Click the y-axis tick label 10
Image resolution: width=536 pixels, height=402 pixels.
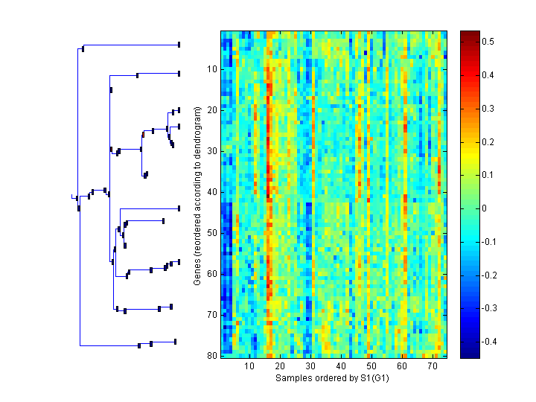click(211, 69)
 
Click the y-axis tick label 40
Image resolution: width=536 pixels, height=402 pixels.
click(211, 192)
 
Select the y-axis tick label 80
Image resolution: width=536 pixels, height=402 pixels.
click(211, 356)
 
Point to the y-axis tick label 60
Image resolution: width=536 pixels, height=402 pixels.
click(211, 274)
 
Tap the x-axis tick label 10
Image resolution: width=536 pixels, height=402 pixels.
click(249, 366)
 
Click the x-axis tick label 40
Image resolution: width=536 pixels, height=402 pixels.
click(341, 366)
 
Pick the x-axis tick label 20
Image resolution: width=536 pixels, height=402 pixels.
click(280, 366)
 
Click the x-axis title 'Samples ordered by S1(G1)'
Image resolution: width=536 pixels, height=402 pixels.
click(333, 378)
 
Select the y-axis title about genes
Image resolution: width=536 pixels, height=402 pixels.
click(197, 196)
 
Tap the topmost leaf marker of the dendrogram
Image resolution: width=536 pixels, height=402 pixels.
click(179, 45)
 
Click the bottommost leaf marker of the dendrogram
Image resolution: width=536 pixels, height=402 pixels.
click(175, 342)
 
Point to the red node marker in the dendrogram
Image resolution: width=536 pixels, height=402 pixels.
click(143, 135)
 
